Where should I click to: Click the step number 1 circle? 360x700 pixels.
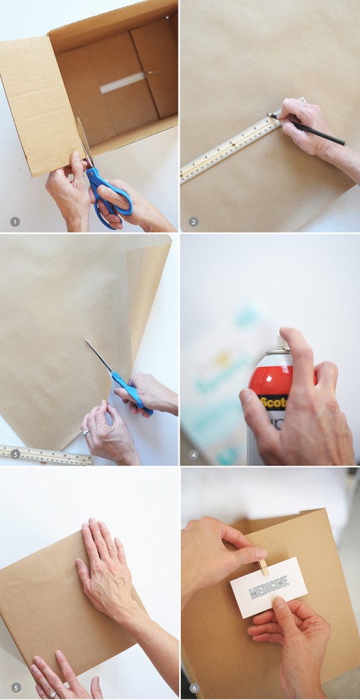(15, 221)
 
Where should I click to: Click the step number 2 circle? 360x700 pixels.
(193, 221)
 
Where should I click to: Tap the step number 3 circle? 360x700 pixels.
(15, 454)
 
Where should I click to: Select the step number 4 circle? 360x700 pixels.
(193, 454)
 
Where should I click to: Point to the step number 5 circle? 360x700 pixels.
(15, 687)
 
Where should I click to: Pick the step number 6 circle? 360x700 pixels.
(193, 687)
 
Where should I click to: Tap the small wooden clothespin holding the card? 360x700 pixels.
(264, 567)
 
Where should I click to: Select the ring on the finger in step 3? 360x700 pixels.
(85, 432)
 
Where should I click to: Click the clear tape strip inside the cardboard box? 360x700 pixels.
(123, 83)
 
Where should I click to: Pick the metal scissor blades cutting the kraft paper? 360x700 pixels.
(100, 355)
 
